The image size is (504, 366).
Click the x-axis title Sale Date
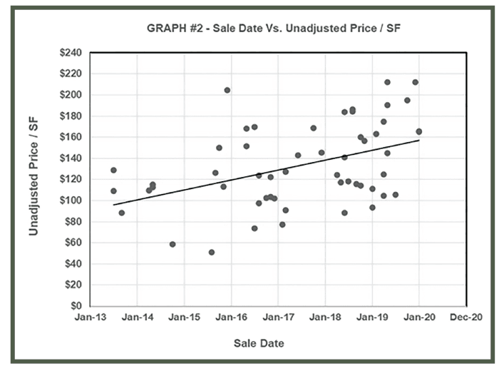click(259, 344)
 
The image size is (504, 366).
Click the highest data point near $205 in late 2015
click(227, 91)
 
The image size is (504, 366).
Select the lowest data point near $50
click(212, 253)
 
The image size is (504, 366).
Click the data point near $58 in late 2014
click(173, 245)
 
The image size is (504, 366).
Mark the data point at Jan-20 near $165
click(419, 131)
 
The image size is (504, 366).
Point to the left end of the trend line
click(113, 205)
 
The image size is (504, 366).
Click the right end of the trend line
click(419, 140)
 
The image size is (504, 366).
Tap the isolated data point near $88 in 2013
click(122, 213)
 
